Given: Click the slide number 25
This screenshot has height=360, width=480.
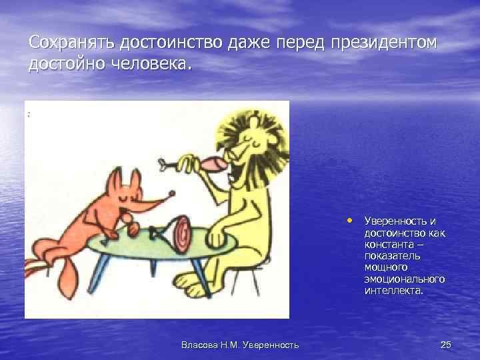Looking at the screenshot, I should pos(446,344).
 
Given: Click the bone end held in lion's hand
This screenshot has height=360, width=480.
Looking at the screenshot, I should pos(162,163).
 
